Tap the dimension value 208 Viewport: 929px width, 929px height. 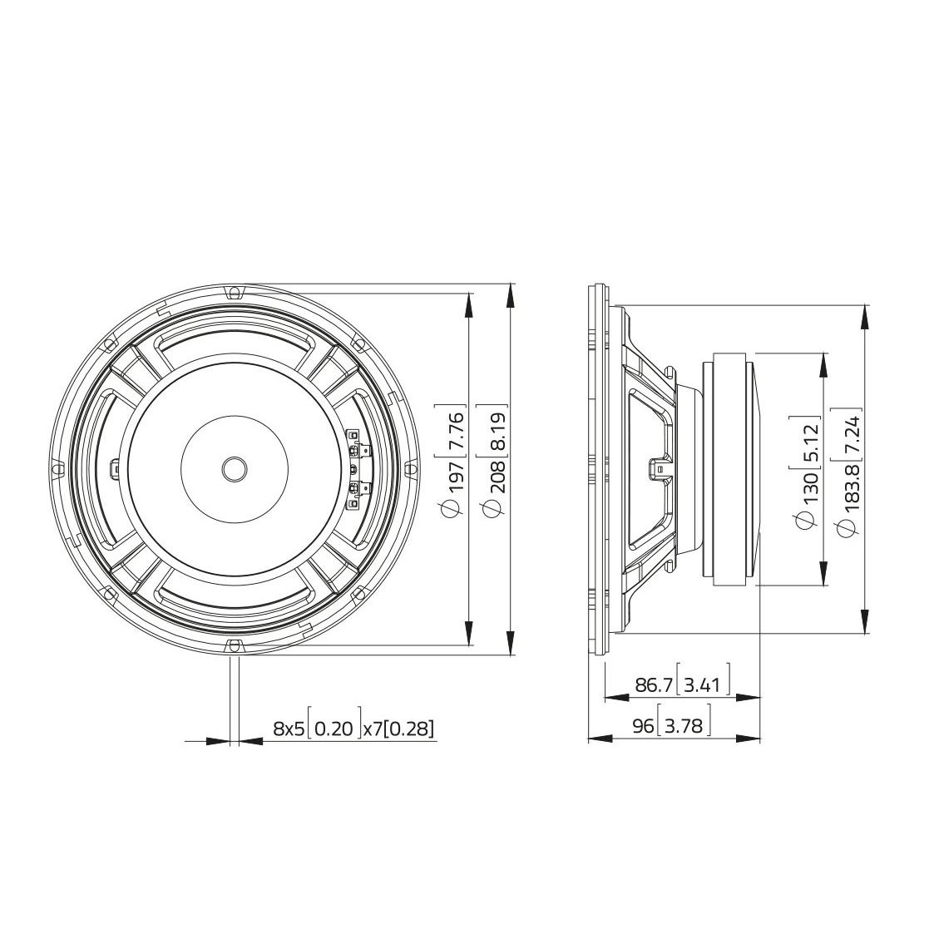tap(497, 477)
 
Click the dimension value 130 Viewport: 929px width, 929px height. tap(810, 487)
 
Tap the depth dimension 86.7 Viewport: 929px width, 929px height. tap(654, 685)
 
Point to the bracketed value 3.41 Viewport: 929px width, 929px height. tap(702, 685)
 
